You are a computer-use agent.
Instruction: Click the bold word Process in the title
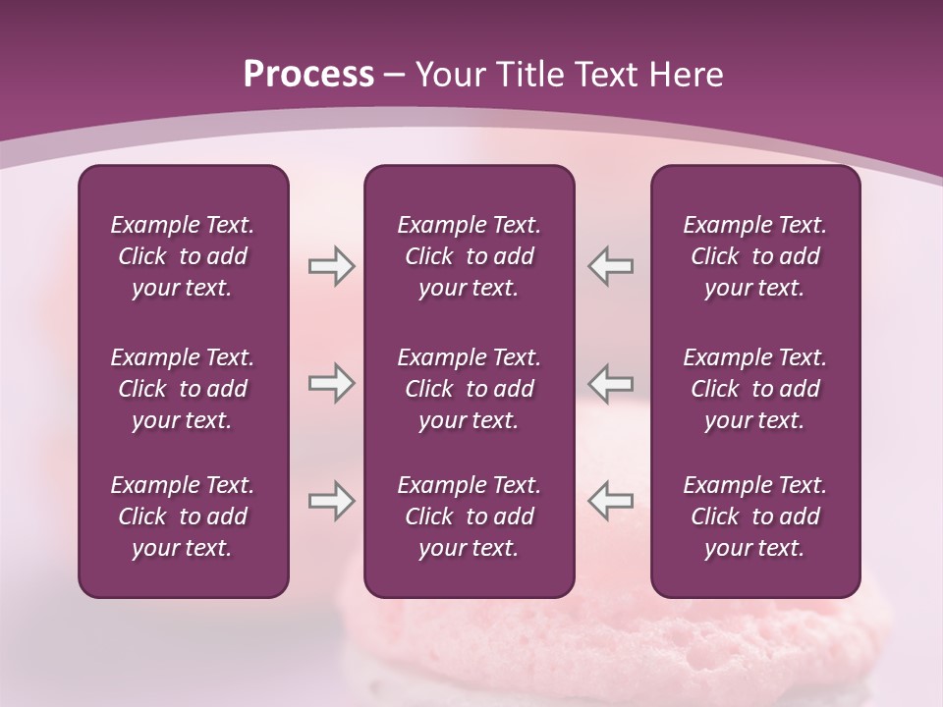[308, 75]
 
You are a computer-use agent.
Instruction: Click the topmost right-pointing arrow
[331, 266]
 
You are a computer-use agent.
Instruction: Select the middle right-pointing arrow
[331, 383]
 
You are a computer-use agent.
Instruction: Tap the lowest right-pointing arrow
[331, 501]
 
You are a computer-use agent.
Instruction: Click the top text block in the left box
[183, 256]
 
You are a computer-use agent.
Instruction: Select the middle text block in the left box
[183, 389]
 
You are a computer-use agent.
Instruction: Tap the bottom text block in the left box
[183, 517]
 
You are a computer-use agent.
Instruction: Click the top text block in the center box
[470, 256]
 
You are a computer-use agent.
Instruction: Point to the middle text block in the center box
[470, 389]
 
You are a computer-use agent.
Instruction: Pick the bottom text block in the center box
[470, 517]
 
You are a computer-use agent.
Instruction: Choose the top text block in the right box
[755, 256]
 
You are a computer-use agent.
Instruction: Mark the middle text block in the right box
[755, 389]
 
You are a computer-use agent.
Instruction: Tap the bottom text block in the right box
[755, 517]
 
